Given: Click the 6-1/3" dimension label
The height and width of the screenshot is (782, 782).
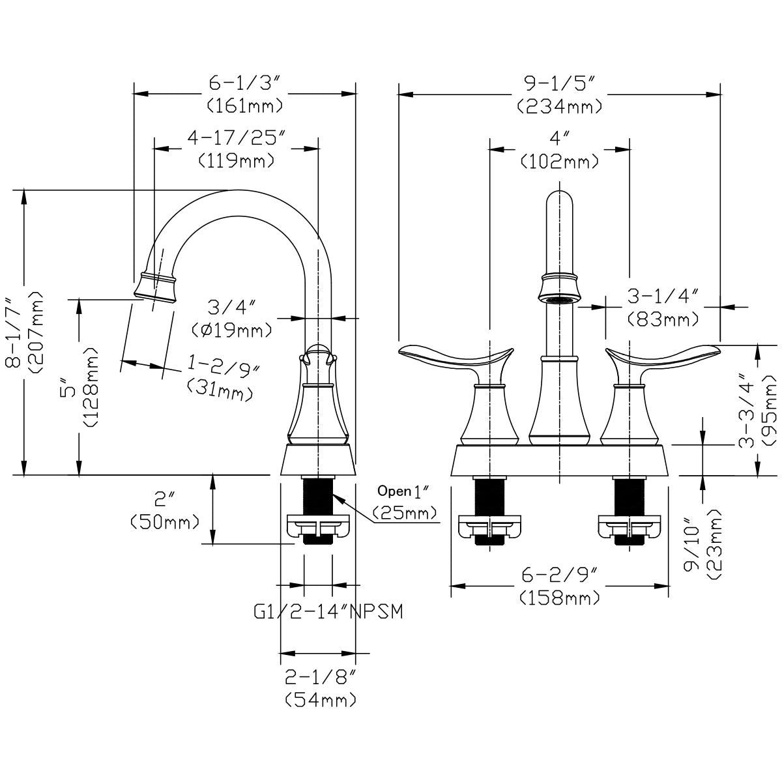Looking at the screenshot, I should click(x=244, y=83).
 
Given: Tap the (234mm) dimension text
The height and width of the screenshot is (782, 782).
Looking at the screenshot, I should click(x=559, y=106).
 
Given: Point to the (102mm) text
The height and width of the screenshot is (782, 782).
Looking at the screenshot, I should click(x=559, y=161).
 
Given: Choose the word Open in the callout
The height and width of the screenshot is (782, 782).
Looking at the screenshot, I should click(x=393, y=491).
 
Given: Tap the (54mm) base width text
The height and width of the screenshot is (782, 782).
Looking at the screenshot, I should click(x=321, y=700).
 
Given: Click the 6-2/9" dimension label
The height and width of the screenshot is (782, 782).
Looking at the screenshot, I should click(x=560, y=576).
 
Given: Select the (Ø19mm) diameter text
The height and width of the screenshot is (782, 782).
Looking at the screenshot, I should click(x=232, y=330).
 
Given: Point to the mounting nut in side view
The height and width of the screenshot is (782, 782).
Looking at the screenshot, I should click(x=319, y=527).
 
